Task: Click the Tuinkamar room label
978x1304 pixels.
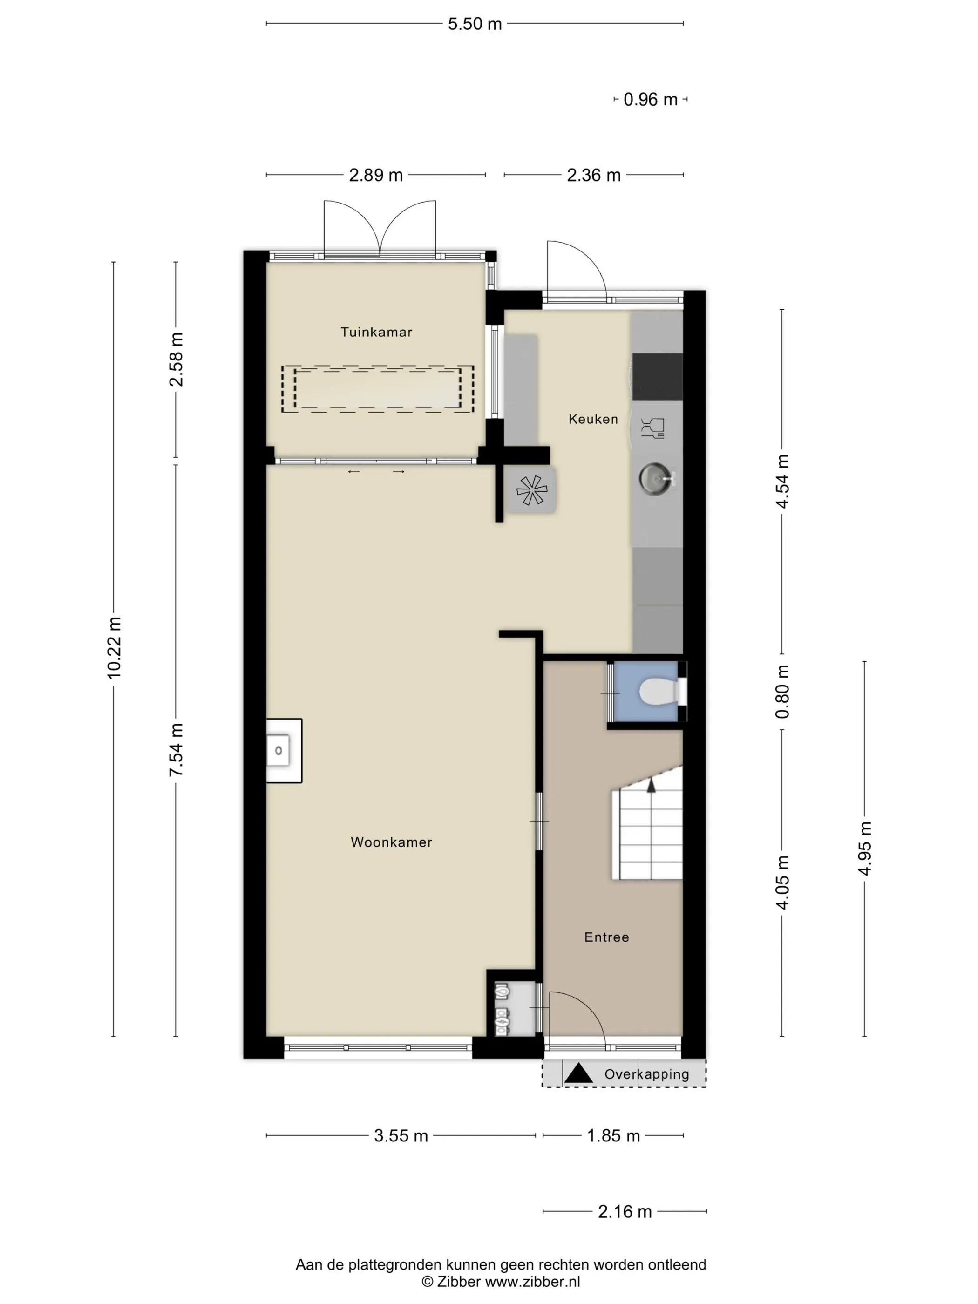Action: [376, 332]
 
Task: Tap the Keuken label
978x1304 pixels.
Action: [593, 419]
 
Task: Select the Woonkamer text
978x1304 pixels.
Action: [391, 842]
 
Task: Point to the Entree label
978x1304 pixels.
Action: [607, 937]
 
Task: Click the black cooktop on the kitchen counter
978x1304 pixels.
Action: [657, 377]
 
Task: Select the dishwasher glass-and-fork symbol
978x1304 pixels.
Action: [652, 428]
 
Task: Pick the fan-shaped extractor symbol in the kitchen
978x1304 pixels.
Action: [532, 490]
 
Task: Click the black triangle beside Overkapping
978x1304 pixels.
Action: [578, 1073]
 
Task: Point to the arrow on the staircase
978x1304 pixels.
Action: [652, 785]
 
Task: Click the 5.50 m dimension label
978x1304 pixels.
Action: [475, 24]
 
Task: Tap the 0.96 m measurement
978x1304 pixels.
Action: [650, 100]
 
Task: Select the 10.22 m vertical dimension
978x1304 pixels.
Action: [114, 648]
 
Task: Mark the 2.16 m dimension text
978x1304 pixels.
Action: [625, 1212]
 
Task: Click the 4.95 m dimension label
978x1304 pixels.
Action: [865, 849]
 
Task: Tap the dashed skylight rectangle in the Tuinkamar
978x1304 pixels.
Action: [377, 388]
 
